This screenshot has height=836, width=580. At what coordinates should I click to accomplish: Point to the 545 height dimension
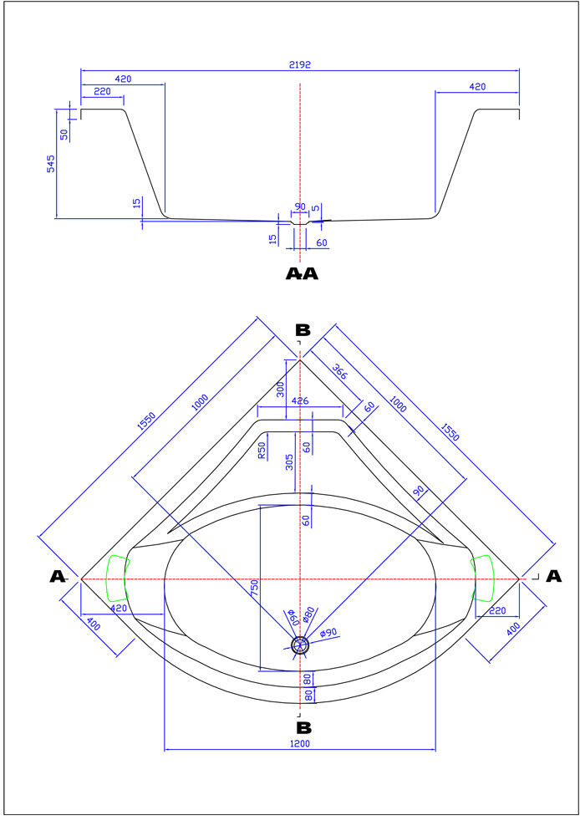51,164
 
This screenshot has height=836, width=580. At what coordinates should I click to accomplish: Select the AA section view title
302,273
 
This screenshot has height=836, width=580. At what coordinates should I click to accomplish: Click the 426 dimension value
300,401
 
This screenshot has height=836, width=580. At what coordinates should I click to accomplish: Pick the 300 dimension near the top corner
281,388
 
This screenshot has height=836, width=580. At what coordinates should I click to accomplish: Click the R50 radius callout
262,450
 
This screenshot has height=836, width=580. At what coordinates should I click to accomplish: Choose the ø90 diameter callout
328,633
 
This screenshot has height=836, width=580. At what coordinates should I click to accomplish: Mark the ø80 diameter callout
308,616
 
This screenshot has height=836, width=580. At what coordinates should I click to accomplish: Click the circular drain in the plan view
300,644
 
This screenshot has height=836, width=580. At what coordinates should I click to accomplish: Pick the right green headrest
484,578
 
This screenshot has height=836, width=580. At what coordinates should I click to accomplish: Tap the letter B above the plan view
303,331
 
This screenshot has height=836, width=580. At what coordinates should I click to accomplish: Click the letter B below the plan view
303,727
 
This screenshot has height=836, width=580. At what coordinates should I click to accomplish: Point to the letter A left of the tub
58,576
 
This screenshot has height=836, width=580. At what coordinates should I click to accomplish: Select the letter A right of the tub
553,576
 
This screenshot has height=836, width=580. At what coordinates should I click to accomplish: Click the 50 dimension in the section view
64,134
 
